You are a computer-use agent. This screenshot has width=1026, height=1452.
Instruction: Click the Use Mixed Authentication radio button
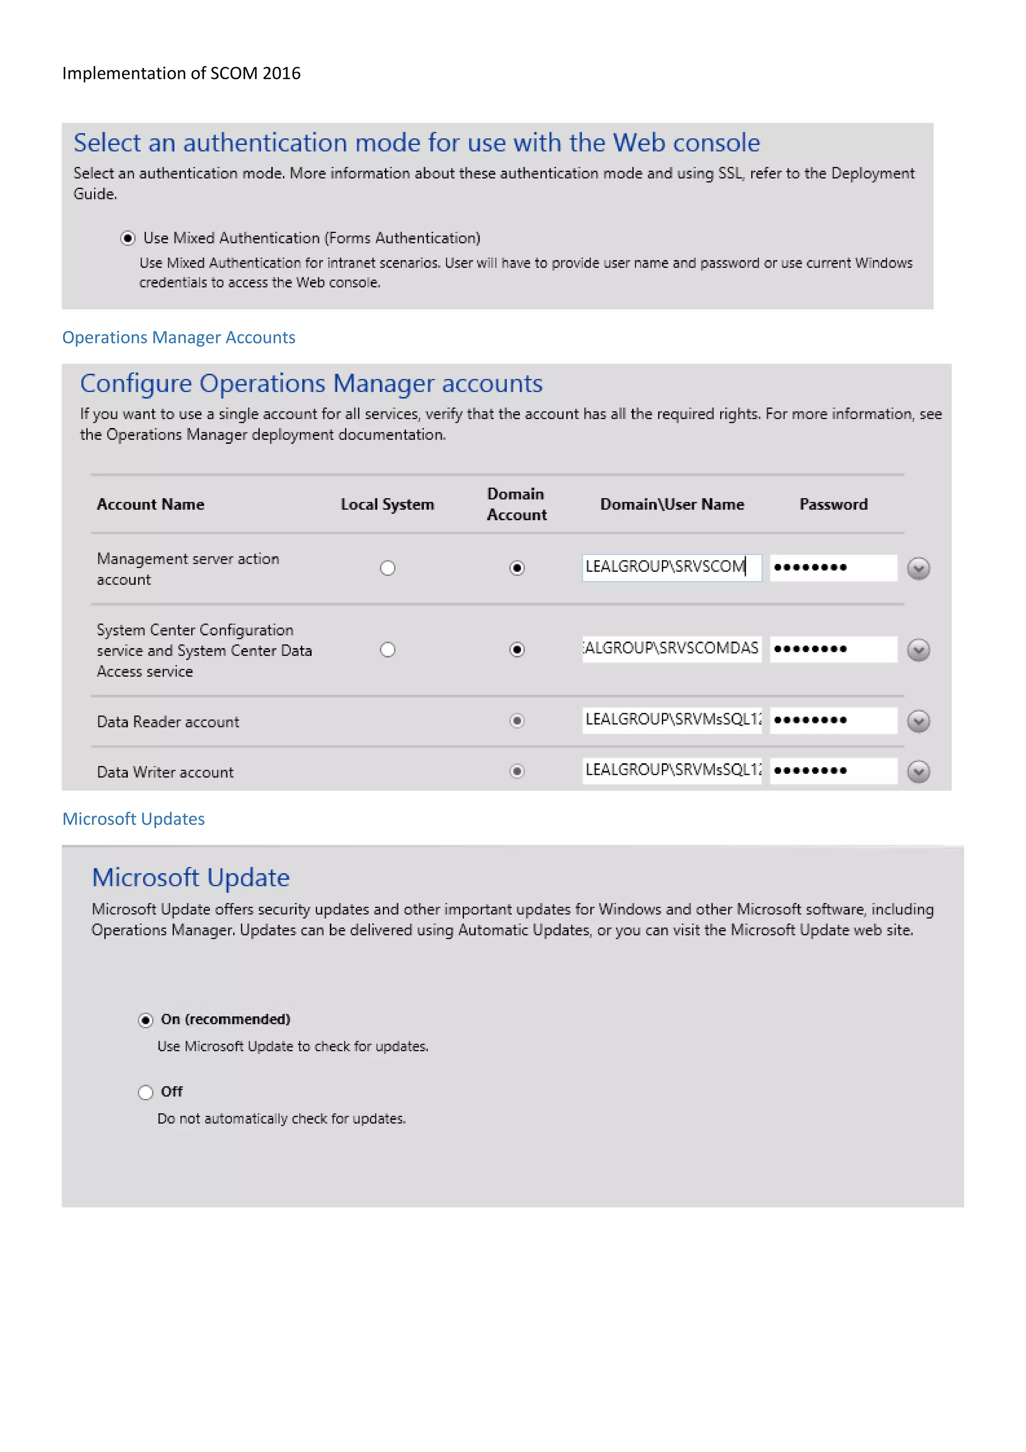click(128, 239)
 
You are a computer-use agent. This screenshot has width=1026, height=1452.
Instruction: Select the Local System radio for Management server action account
click(388, 568)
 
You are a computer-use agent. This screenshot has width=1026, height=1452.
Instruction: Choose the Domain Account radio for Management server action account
click(517, 568)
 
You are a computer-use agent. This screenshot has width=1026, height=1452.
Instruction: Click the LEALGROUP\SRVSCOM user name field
click(671, 567)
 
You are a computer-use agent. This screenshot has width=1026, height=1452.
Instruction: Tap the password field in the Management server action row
click(833, 567)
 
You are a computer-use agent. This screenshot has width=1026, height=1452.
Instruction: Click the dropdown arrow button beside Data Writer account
click(918, 771)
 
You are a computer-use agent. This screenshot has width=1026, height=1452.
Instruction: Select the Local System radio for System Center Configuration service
click(388, 650)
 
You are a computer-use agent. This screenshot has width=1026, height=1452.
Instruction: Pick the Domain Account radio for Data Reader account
click(517, 721)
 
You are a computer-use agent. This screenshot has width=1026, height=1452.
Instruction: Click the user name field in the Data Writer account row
click(671, 770)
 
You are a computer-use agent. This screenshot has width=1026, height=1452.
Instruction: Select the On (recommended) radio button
click(145, 1020)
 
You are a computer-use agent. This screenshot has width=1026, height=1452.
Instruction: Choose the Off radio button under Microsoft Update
click(145, 1092)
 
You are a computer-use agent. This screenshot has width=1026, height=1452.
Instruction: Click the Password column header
click(833, 505)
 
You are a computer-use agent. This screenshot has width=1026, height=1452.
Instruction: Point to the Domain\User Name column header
click(671, 505)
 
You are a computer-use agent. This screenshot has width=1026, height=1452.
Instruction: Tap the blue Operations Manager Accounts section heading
click(178, 338)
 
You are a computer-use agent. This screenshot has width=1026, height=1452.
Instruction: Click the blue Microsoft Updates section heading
click(133, 819)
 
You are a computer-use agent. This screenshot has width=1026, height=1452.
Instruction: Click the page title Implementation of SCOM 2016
click(181, 73)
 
